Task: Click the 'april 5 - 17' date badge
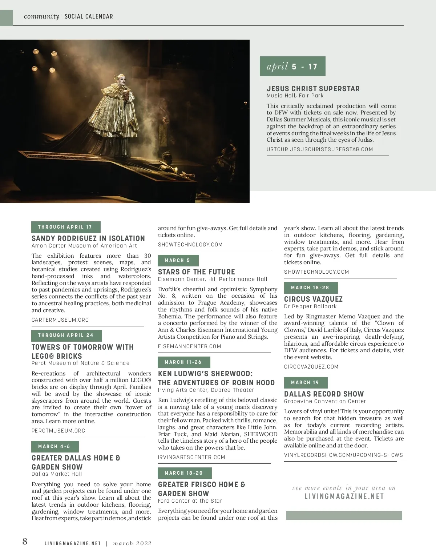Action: click(292, 66)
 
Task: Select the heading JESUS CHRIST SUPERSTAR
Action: click(313, 89)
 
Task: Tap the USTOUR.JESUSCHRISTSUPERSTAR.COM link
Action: click(320, 149)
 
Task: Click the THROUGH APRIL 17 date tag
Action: click(65, 227)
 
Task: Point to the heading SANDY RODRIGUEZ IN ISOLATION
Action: click(88, 238)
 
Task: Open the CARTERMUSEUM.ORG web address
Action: click(60, 320)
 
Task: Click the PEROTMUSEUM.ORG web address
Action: click(58, 431)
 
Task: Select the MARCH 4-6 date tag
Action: click(54, 446)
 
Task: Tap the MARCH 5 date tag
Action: click(178, 261)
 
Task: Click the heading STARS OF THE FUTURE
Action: click(196, 272)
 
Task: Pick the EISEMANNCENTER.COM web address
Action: click(189, 346)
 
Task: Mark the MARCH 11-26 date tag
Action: click(183, 362)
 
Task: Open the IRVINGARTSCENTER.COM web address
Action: click(191, 457)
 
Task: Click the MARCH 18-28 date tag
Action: click(310, 288)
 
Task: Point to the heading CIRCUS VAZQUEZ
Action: click(313, 299)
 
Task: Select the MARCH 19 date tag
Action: click(305, 383)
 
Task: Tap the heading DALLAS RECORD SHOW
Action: click(324, 394)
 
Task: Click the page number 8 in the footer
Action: click(25, 542)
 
